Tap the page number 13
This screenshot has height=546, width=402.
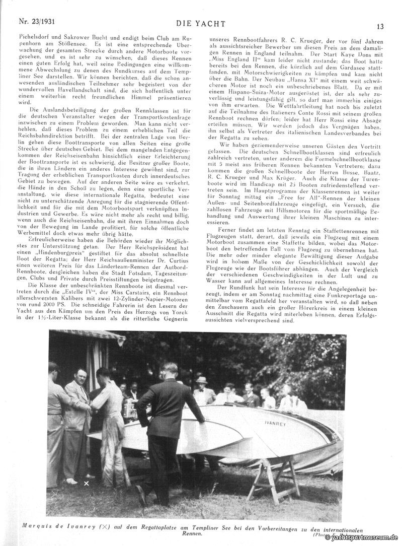380,26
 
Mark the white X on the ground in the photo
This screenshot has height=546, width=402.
86,483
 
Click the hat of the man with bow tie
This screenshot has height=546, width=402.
201,380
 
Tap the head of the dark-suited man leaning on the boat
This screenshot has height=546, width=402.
170,368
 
